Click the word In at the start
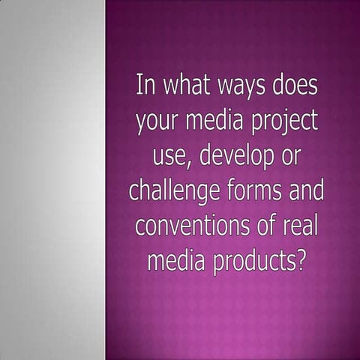145,85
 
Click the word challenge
175,192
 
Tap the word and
307,190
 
